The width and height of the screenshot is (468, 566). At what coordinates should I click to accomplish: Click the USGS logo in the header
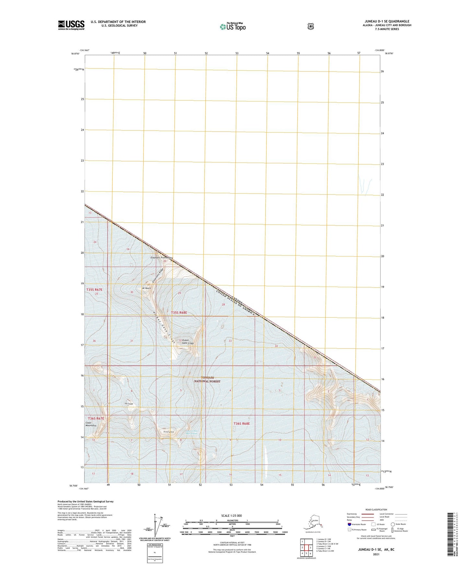tap(71, 25)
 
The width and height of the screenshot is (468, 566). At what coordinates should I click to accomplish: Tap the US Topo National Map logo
tap(233, 26)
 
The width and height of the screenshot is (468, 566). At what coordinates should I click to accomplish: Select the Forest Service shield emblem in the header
tap(311, 26)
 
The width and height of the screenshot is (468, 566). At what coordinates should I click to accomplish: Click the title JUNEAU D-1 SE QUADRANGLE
tap(387, 21)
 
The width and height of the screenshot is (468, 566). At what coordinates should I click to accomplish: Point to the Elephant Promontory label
tap(162, 258)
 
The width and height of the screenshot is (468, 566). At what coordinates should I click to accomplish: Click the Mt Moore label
tap(146, 288)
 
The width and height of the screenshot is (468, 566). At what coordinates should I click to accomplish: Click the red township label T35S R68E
tap(179, 312)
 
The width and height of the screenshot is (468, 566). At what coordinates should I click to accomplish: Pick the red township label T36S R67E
tap(96, 419)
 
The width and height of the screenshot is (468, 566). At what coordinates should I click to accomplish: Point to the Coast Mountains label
tap(91, 424)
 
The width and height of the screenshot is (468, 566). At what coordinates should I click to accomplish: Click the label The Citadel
tap(129, 404)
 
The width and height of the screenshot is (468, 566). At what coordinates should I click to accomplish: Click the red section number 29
tap(179, 293)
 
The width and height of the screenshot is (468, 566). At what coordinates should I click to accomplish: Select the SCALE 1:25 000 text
tap(231, 516)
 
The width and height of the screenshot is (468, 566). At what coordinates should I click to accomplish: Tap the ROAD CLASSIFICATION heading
tap(376, 510)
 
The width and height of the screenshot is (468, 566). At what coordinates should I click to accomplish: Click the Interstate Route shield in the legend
tap(349, 524)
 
